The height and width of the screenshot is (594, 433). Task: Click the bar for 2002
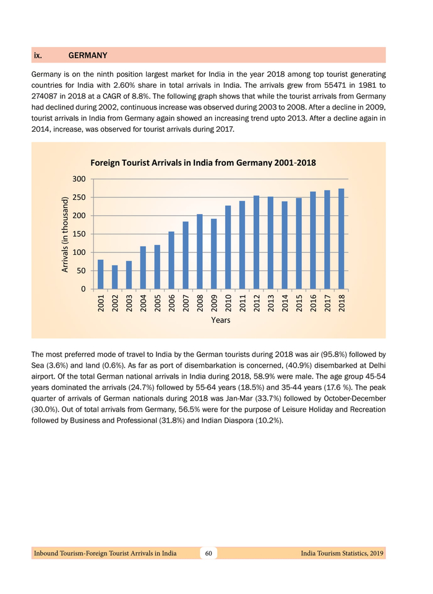pyautogui.click(x=114, y=277)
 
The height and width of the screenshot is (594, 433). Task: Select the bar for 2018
pyautogui.click(x=341, y=239)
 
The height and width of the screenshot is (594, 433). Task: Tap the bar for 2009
pyautogui.click(x=214, y=254)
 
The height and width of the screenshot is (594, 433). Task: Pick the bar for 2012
pyautogui.click(x=257, y=243)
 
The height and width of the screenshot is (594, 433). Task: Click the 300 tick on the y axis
pyautogui.click(x=78, y=179)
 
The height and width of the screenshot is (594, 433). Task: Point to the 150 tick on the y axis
pyautogui.click(x=78, y=234)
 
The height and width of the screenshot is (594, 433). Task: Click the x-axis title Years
pyautogui.click(x=221, y=320)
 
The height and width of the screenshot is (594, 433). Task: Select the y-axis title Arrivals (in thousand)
pyautogui.click(x=64, y=234)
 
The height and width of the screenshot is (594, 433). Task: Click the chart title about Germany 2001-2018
pyautogui.click(x=204, y=163)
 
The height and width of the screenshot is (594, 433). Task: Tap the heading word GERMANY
pyautogui.click(x=88, y=55)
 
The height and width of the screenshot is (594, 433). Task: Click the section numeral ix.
pyautogui.click(x=38, y=55)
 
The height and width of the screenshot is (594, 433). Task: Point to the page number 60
pyautogui.click(x=209, y=553)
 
